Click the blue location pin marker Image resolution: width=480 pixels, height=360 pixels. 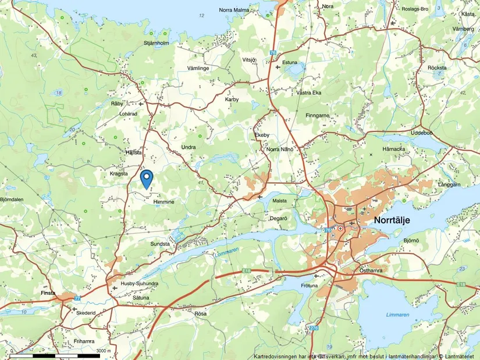pos(147,178)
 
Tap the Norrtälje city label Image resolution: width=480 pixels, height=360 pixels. pos(397,220)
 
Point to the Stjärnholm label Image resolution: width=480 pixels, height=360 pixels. pos(156,43)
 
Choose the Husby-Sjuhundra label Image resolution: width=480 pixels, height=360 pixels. pos(139,284)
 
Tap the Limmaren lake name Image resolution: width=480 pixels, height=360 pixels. pos(398,315)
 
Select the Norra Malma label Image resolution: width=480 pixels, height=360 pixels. pos(234,10)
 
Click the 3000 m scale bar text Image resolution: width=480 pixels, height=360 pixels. pos(104,351)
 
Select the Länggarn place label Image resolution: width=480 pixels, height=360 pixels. pos(449,184)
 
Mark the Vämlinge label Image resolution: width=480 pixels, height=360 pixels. pos(198,68)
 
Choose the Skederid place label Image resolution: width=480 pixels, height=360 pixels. pos(85,312)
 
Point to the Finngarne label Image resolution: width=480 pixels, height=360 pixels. pos(317,116)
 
